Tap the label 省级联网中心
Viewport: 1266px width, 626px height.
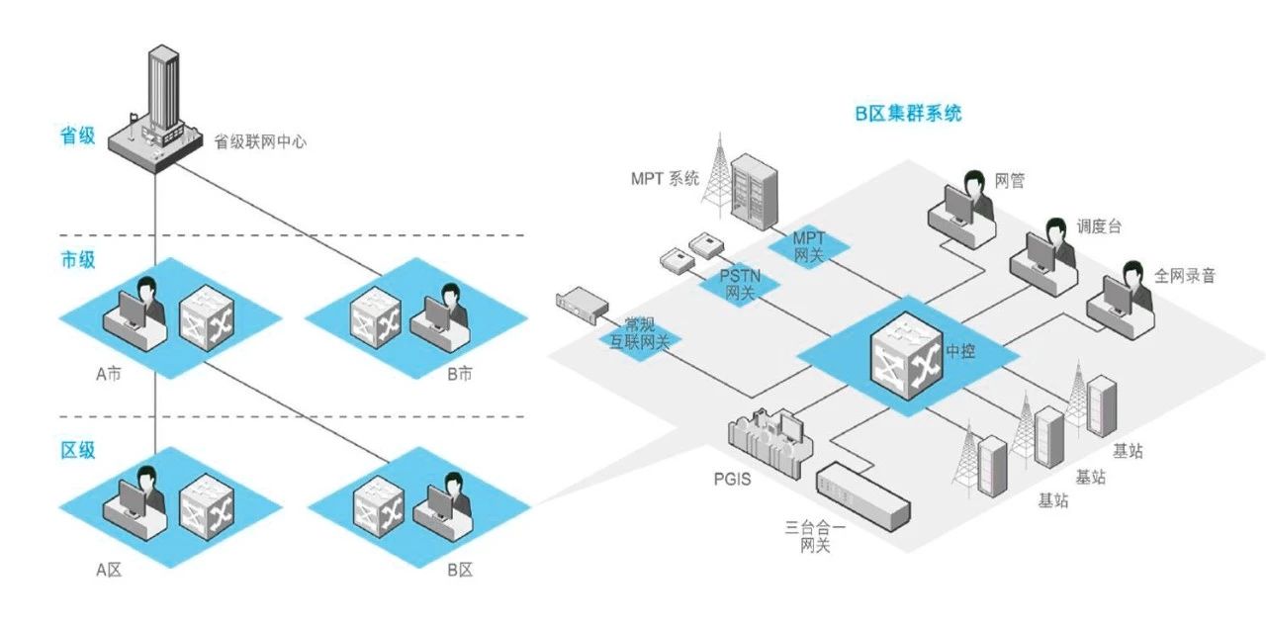click(x=260, y=141)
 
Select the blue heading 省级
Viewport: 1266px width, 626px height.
click(x=78, y=136)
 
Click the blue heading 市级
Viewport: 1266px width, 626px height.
click(x=78, y=261)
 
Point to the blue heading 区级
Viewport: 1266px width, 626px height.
click(x=78, y=450)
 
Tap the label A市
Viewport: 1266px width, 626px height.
click(x=108, y=375)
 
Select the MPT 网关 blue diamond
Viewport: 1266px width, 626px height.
click(x=808, y=246)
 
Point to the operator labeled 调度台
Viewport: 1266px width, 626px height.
click(x=1043, y=253)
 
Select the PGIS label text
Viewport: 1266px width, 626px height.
click(x=733, y=481)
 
